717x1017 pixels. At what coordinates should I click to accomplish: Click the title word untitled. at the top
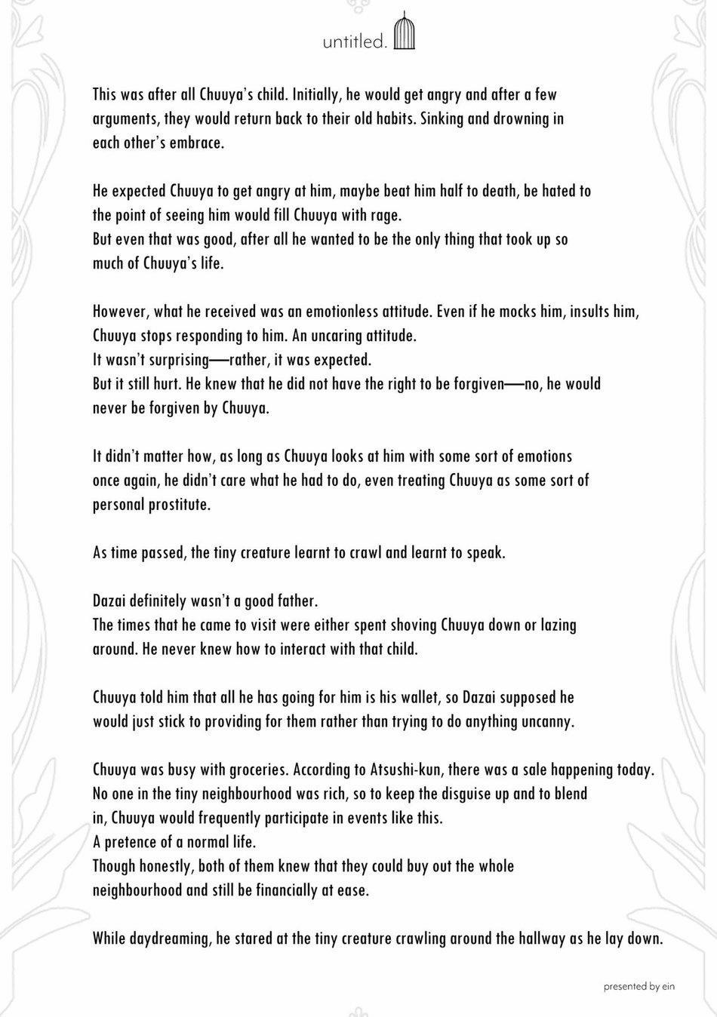[x=355, y=42]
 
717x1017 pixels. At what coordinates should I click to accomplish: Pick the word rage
[x=385, y=215]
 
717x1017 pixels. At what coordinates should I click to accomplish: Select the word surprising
[x=171, y=360]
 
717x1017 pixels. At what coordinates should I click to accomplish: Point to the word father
[x=291, y=601]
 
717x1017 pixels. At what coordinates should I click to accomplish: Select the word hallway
[x=524, y=939]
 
